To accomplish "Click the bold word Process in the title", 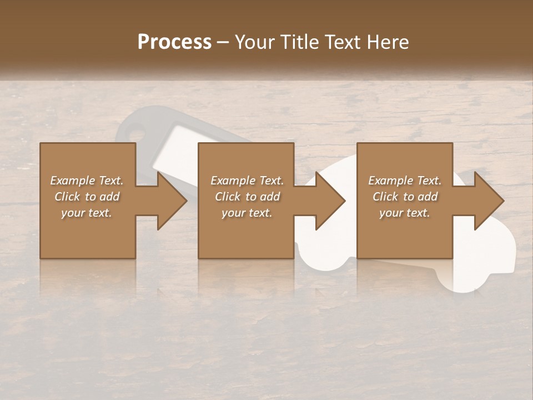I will click(174, 42).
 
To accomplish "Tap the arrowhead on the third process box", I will click(488, 201).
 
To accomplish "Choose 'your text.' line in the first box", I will click(87, 213).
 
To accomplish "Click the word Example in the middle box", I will click(232, 181).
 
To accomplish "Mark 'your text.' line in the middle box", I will click(247, 213).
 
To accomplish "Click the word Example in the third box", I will click(390, 181).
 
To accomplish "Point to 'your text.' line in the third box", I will click(405, 213).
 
